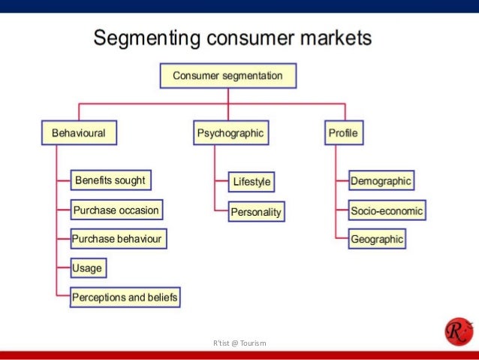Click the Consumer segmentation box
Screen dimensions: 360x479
227,76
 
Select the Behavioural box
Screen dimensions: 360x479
78,134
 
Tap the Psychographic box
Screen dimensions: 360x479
230,134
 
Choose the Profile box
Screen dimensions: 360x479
342,134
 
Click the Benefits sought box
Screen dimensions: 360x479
110,180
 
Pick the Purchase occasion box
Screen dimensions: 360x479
116,210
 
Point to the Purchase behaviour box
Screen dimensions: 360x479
117,240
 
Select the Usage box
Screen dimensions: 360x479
87,268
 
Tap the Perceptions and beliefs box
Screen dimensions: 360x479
125,298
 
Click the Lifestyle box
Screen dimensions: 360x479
252,182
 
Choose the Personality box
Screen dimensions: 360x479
257,212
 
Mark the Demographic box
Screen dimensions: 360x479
381,181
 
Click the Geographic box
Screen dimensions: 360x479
377,240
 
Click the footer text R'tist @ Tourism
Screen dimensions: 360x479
239,343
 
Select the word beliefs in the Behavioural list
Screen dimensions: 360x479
163,298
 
